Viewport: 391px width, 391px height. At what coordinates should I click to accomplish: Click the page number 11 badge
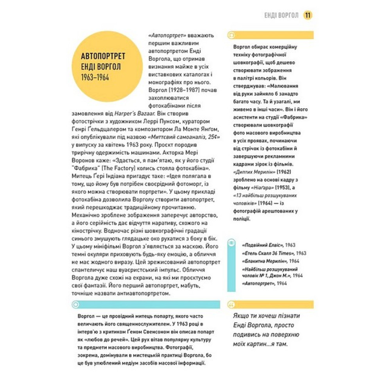coord(308,15)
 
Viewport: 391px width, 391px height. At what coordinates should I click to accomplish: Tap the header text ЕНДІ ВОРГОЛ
coord(282,16)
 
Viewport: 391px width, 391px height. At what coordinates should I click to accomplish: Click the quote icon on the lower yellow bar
coord(231,304)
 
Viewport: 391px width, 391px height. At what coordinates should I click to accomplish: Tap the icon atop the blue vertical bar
coord(231,243)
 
